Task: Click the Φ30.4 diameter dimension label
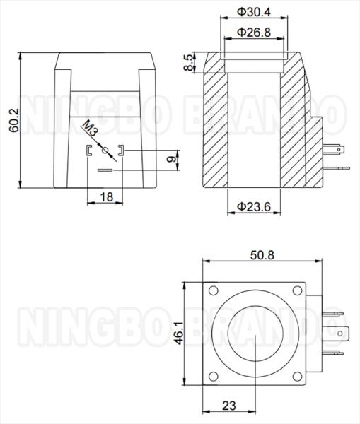click(254, 12)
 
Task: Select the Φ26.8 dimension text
click(254, 33)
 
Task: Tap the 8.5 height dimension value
click(189, 62)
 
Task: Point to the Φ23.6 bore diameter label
click(254, 207)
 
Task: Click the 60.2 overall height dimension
click(14, 120)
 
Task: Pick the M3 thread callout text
click(90, 128)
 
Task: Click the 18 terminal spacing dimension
click(107, 197)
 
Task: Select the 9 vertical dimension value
click(171, 159)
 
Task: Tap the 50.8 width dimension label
click(262, 255)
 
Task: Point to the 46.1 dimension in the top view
click(179, 333)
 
